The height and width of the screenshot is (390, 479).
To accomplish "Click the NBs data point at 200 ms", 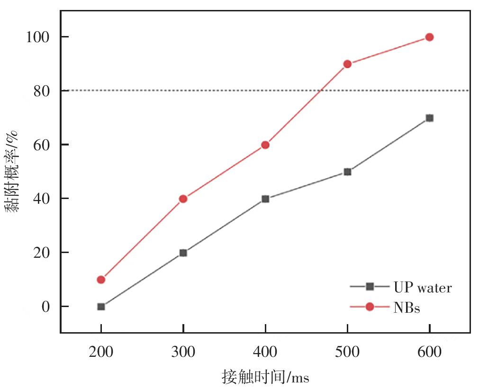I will (101, 280).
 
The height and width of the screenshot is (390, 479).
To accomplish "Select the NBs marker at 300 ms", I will (183, 199).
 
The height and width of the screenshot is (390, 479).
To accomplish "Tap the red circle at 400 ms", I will (265, 145).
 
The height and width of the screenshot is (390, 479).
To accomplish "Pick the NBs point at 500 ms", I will (347, 64).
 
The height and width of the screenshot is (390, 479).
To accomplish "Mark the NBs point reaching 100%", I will (429, 37).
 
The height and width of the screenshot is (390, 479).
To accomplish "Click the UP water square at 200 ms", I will (101, 307).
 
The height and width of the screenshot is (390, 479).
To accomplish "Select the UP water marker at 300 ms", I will (183, 253).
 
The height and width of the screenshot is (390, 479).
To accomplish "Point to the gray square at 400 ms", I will (265, 199).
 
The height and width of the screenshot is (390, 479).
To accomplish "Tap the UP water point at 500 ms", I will (347, 172).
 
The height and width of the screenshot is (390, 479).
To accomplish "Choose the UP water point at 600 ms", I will (429, 118).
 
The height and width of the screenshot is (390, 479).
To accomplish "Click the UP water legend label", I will (422, 287).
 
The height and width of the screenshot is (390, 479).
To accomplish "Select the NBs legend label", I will (407, 308).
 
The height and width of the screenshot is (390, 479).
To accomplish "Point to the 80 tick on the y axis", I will (41, 91).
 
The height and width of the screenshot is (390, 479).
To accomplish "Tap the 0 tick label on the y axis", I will (46, 307).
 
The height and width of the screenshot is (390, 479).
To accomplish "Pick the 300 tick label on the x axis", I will (183, 353).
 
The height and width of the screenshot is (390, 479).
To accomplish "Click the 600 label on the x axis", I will (429, 353).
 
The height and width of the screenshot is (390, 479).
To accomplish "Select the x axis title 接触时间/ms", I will (265, 377).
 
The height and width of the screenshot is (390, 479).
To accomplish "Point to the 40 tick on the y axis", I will (41, 199).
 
